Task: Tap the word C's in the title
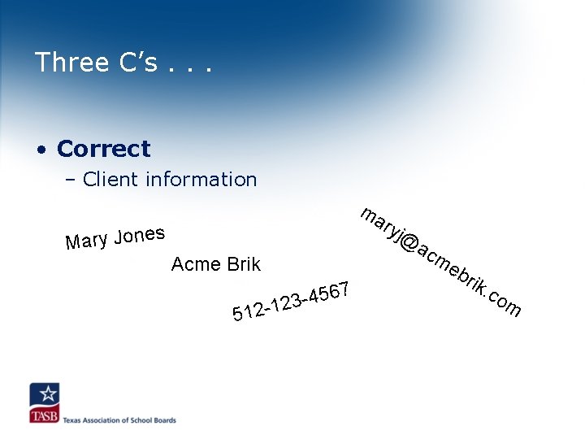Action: point(136,63)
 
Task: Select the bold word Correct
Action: point(104,150)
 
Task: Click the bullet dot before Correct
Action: point(41,150)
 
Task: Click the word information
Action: point(201,180)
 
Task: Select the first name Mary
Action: point(87,241)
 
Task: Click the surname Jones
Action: point(140,235)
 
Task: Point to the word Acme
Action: point(196,264)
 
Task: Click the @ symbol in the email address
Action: point(409,244)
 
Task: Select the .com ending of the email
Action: point(503,302)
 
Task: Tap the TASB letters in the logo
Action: point(44,415)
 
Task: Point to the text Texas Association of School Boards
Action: point(119,420)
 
